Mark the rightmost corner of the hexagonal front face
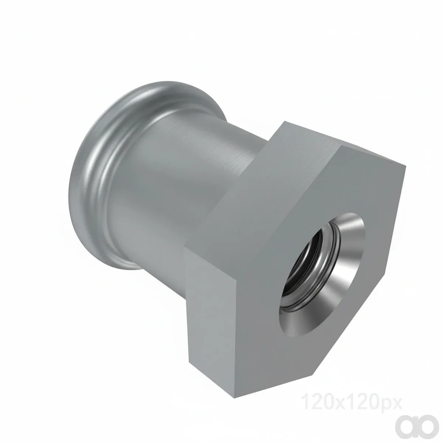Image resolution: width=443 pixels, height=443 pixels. click(406, 166)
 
